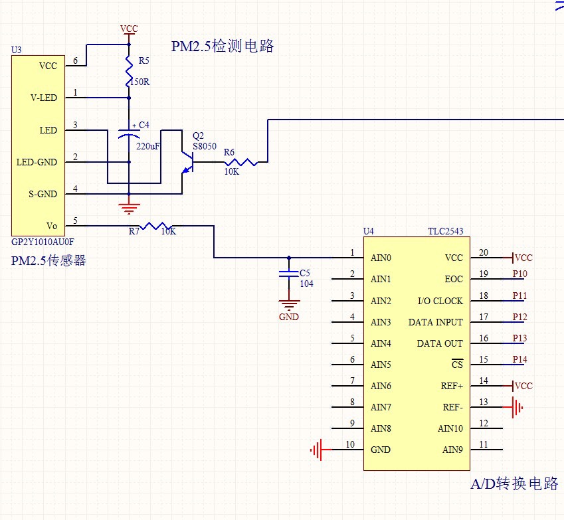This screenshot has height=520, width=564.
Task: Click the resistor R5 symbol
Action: click(129, 70)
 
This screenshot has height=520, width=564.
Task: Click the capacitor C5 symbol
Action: click(288, 273)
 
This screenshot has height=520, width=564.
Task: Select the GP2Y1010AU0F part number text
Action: click(43, 243)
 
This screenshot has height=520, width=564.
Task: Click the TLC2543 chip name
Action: click(446, 232)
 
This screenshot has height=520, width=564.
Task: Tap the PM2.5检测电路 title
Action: click(223, 46)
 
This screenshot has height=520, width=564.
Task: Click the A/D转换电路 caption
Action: click(514, 483)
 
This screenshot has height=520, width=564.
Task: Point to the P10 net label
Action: click(519, 274)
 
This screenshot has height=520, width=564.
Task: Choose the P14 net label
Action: click(519, 359)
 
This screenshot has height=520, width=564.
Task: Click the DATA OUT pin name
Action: click(440, 343)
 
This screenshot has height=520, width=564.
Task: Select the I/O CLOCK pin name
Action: click(440, 301)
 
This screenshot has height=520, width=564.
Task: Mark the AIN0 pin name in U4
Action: click(381, 258)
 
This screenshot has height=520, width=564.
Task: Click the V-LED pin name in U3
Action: click(44, 98)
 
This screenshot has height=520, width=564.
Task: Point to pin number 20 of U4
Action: click(483, 252)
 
